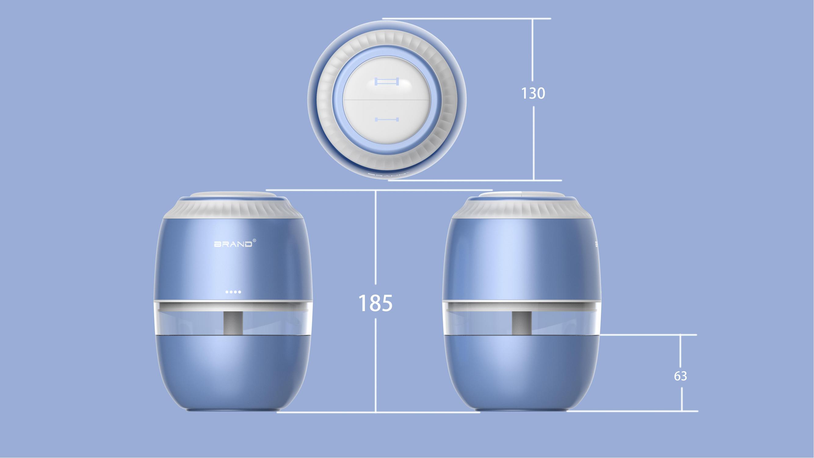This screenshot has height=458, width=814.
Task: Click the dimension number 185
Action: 375,303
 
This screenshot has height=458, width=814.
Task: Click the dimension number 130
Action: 533,93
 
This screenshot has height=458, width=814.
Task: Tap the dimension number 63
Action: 680,376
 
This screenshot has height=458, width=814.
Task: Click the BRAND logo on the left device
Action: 233,244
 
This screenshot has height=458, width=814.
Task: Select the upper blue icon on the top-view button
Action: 387,82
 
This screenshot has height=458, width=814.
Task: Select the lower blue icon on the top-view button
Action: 387,119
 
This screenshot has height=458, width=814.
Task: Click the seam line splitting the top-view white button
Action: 387,100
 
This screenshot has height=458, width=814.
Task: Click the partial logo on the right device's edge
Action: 596,244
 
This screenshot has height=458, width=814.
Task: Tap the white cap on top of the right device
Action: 521,195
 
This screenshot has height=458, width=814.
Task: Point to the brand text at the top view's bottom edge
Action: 388,173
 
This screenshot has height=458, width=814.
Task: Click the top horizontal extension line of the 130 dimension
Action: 468,19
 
